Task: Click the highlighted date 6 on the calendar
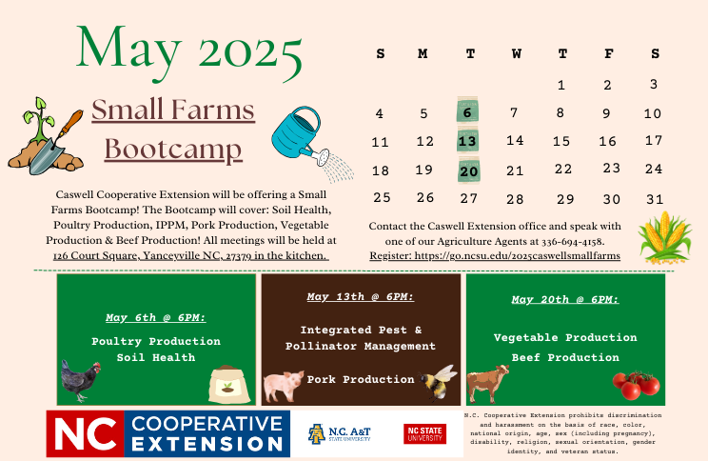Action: (467, 111)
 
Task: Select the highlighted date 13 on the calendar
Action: (467, 141)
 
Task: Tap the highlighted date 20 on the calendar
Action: (468, 170)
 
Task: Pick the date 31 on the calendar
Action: (653, 199)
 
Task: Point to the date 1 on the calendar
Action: (561, 85)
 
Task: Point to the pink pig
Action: (283, 386)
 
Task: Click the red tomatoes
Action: (636, 384)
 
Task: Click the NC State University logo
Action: (424, 434)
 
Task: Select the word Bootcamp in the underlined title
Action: (173, 150)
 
